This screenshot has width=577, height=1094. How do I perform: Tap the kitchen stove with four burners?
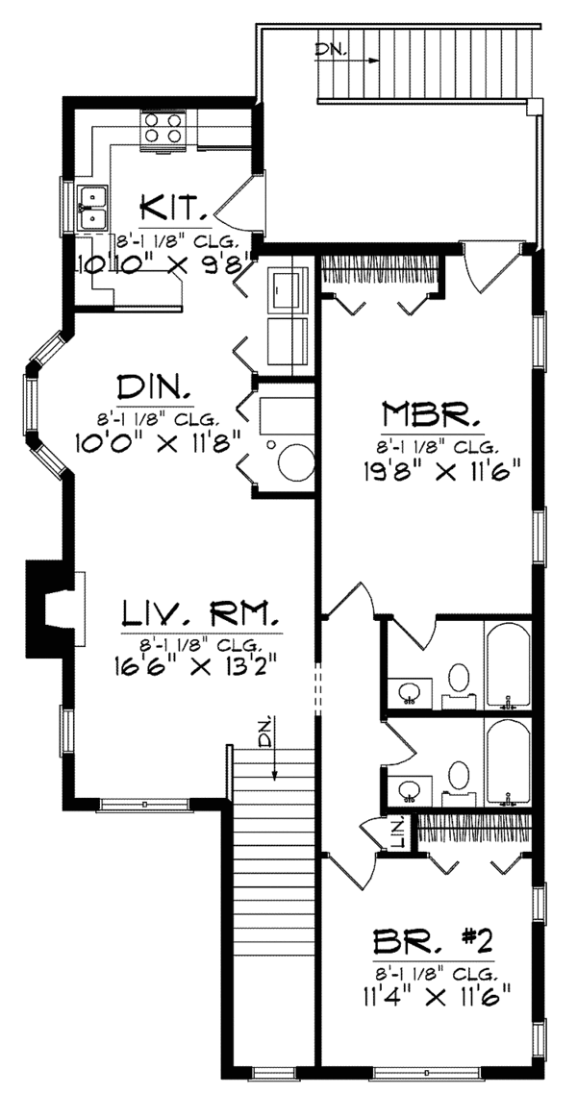point(163,130)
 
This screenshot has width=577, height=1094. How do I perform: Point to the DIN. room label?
point(154,390)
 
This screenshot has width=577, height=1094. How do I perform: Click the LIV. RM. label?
point(201,613)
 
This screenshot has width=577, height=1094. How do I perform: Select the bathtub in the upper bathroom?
point(507,663)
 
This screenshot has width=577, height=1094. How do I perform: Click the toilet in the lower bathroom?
point(459,777)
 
